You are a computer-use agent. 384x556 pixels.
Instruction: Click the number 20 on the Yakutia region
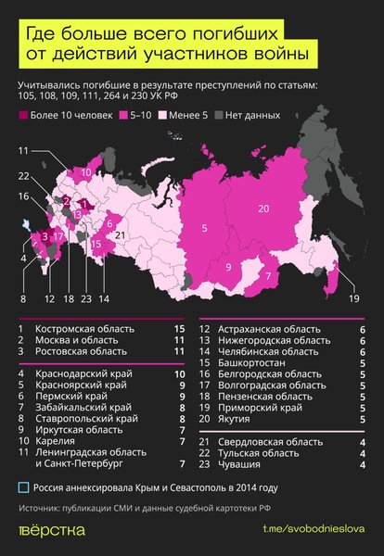point(262,208)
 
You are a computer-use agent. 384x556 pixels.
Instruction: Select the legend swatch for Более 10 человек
point(22,118)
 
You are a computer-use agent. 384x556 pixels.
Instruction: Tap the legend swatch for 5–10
point(122,118)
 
